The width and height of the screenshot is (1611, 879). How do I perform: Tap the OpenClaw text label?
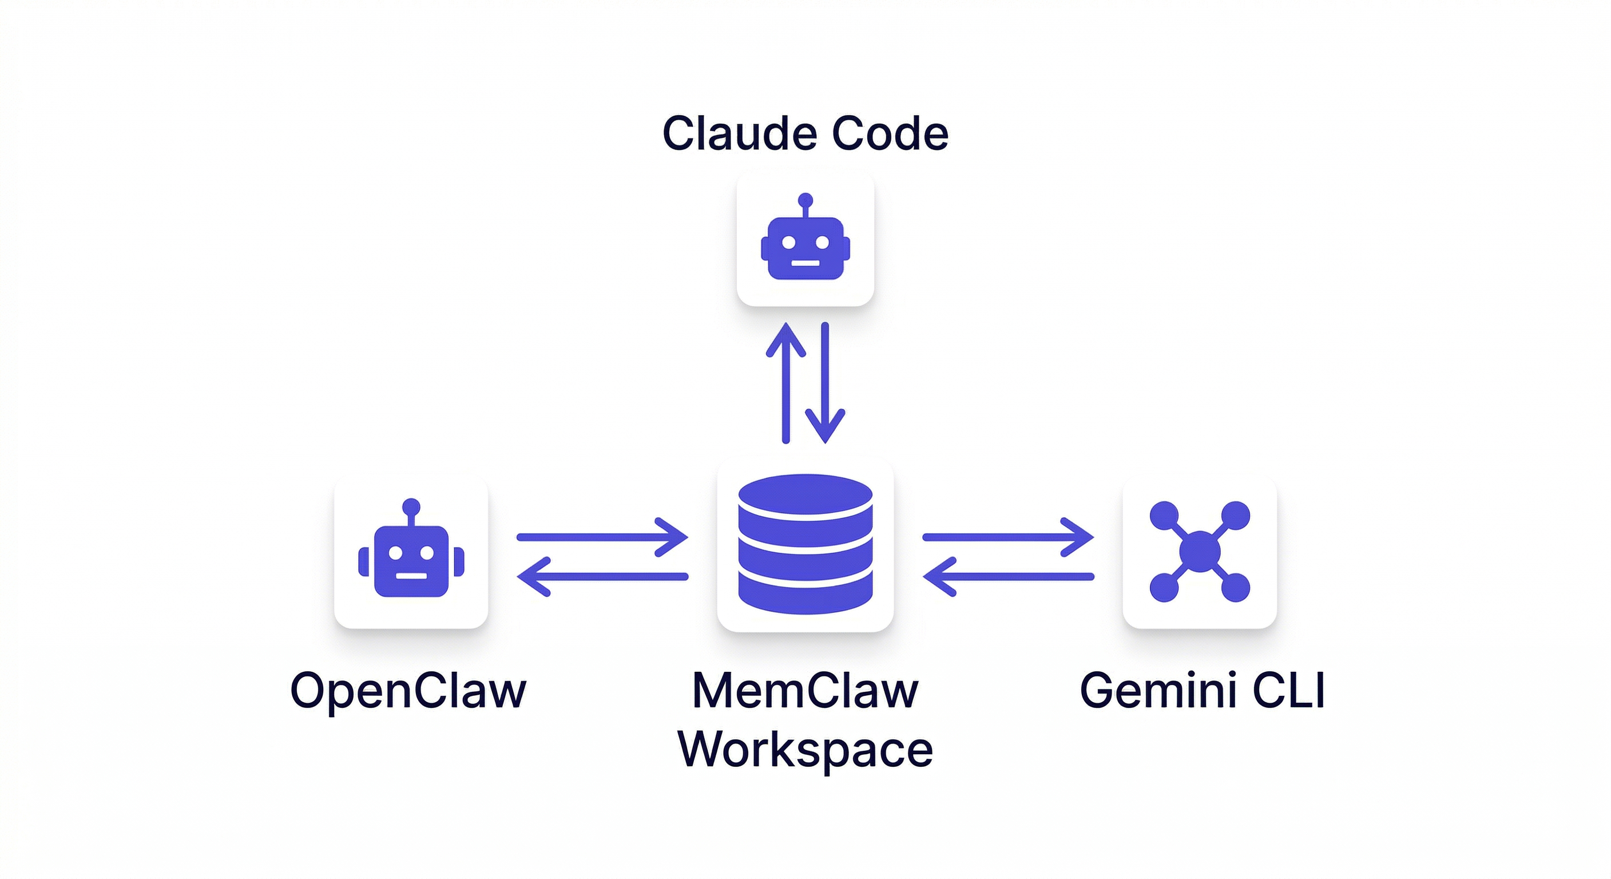408,691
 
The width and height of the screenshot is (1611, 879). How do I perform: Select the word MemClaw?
805,691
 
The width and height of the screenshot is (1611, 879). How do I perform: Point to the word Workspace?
805,749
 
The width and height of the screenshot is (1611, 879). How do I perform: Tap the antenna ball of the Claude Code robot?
806,201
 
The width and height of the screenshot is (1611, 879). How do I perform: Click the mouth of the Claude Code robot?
806,263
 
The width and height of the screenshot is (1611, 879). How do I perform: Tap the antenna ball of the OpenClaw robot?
411,507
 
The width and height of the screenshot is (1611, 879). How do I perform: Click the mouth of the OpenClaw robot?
411,576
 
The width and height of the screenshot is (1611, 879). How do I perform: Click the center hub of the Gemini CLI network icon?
1200,551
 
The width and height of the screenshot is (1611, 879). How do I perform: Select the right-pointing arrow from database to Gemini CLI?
1007,537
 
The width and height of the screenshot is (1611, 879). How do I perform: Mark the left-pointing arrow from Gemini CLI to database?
1007,576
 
